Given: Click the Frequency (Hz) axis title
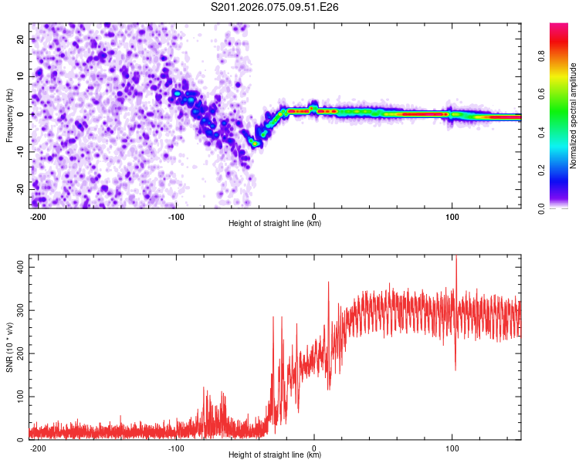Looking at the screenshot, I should [x=9, y=115].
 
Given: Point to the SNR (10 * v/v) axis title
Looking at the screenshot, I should [x=9, y=346].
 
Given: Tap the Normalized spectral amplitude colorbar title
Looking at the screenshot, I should [x=574, y=115].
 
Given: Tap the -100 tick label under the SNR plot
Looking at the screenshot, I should [x=176, y=447].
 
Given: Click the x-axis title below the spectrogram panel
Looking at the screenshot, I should [x=275, y=224].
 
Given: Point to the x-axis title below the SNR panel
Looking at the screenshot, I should [x=275, y=455].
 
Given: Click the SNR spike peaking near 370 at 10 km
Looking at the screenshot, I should [x=328, y=283].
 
